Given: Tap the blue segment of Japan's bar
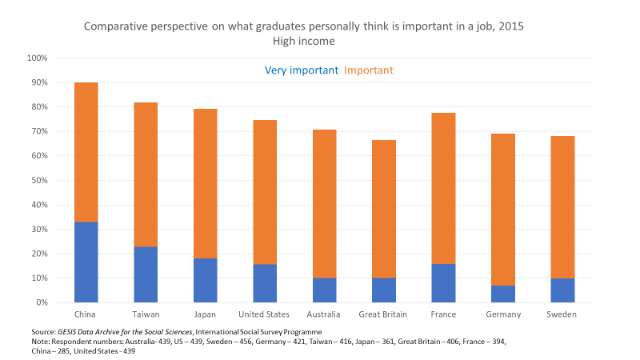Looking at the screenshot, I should [x=205, y=280].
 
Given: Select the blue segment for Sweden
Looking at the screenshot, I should [x=562, y=290].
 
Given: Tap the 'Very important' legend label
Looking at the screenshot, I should [x=302, y=70].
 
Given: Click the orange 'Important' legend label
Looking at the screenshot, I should [x=368, y=70].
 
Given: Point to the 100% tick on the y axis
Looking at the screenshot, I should [x=38, y=58].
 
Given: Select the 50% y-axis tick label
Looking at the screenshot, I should [x=39, y=181].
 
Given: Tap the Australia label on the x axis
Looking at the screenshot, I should [x=324, y=315].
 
